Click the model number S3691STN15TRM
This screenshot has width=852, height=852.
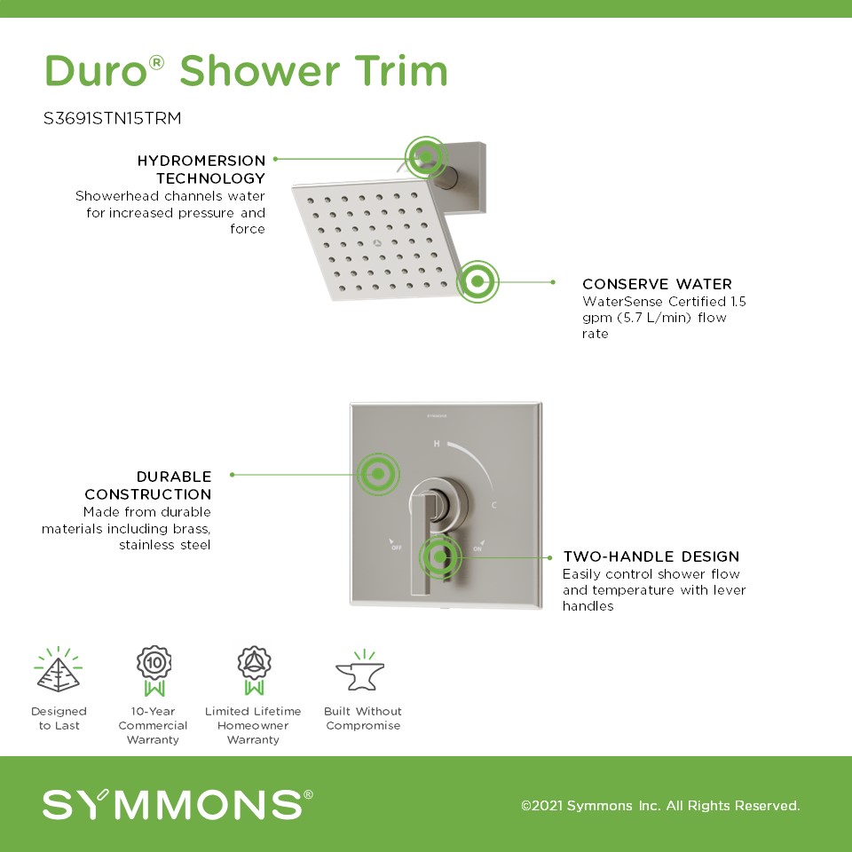click(x=112, y=118)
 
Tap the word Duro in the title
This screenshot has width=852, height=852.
click(x=96, y=71)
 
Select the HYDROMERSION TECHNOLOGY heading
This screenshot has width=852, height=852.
click(x=201, y=169)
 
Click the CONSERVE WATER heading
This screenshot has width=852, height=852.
click(x=657, y=284)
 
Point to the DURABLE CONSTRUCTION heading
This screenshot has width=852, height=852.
click(x=148, y=485)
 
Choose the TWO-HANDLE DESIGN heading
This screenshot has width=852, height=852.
click(x=651, y=556)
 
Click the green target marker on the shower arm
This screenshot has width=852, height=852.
click(x=426, y=158)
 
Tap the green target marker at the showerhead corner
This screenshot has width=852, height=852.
click(x=477, y=281)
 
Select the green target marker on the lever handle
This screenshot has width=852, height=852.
click(x=439, y=557)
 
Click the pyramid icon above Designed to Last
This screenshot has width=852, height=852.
click(x=59, y=669)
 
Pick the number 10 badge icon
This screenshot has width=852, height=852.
click(x=154, y=671)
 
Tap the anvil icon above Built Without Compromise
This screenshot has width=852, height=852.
click(x=361, y=672)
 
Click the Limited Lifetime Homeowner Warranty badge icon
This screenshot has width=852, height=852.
click(x=254, y=671)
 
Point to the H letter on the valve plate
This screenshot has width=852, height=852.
click(x=437, y=444)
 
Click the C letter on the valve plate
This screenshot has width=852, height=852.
click(x=494, y=505)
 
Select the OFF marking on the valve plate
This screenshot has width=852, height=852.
click(x=396, y=545)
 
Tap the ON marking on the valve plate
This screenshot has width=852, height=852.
click(x=478, y=546)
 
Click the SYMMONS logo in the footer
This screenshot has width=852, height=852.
click(x=177, y=804)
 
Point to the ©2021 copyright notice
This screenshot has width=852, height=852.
click(x=660, y=805)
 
